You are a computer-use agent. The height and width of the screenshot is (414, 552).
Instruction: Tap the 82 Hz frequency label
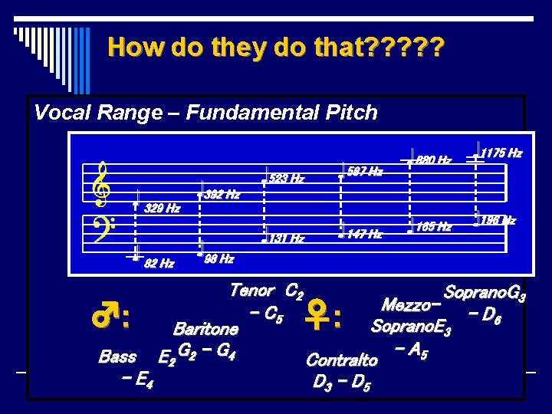159,264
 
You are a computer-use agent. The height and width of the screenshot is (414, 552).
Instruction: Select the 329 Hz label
163,209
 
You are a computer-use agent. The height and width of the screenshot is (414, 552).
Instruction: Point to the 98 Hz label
219,259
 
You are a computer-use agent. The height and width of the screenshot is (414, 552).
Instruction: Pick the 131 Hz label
287,238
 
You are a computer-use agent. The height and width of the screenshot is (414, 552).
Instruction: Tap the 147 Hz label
364,234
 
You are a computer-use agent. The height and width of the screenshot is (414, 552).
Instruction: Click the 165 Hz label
434,227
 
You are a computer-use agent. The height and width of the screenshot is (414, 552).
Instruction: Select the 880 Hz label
434,161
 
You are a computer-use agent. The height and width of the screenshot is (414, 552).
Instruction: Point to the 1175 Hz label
501,153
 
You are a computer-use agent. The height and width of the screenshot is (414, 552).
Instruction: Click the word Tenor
251,291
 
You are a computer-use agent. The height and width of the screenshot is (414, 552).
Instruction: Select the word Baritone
205,329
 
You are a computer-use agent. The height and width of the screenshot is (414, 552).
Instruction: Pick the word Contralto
342,360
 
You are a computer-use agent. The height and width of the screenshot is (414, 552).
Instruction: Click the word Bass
118,356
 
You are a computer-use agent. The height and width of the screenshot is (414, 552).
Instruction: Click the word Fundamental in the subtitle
227,113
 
